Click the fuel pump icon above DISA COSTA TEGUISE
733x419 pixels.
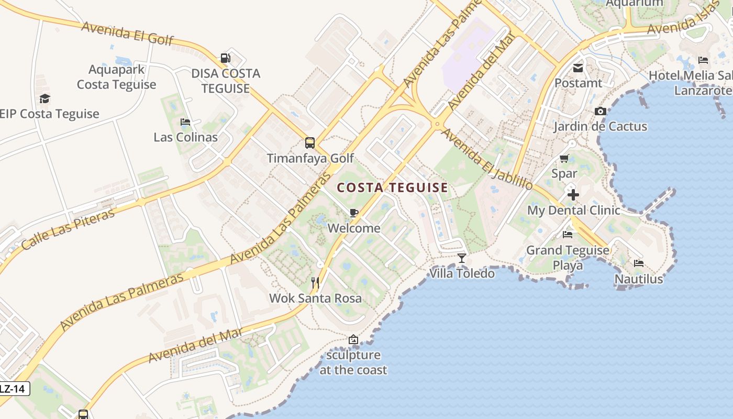tap(225, 58)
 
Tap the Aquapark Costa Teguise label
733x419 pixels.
tap(116, 77)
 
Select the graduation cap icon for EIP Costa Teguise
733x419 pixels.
tap(45, 99)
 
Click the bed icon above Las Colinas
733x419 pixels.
tap(185, 122)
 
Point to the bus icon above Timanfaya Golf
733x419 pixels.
tap(310, 142)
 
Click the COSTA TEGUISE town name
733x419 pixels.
tap(392, 188)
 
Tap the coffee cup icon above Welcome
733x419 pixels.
tap(354, 213)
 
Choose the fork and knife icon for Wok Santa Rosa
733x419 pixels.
tap(315, 283)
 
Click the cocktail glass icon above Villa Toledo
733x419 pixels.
tap(461, 258)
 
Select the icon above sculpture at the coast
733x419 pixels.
tap(353, 339)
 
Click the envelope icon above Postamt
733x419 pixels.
tap(578, 68)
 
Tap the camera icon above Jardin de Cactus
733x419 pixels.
tap(600, 111)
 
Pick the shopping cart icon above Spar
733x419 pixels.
tap(564, 158)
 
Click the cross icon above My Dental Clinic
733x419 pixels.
tap(573, 195)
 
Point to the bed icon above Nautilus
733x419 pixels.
tap(638, 263)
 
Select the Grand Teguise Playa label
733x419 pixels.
tap(568, 257)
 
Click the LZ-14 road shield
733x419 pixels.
tap(13, 389)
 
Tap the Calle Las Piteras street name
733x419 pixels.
tap(69, 228)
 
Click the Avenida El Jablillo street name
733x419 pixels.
tap(486, 159)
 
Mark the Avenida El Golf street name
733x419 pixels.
tap(127, 33)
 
